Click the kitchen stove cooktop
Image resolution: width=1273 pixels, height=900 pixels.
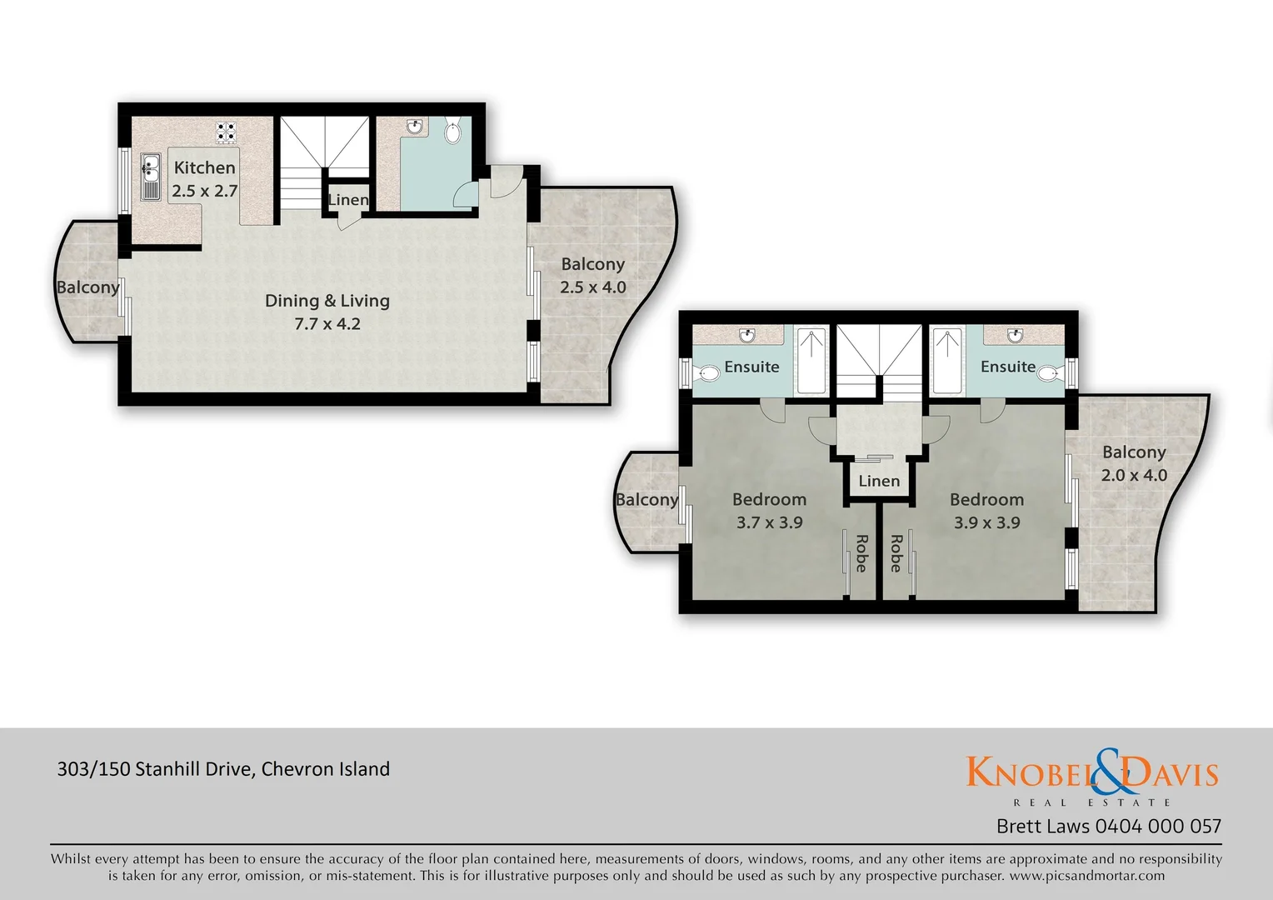[226, 132]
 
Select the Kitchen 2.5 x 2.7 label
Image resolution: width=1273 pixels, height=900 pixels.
[205, 179]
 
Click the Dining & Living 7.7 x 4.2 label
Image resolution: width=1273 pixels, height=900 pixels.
[327, 312]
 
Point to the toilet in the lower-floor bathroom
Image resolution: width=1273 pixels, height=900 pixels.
[453, 132]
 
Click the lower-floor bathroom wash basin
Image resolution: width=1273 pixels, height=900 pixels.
[414, 127]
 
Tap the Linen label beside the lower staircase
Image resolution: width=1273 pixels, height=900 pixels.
[347, 200]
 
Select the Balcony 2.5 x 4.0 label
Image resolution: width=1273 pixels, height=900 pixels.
[592, 275]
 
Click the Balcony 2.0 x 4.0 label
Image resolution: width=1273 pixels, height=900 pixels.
[1134, 463]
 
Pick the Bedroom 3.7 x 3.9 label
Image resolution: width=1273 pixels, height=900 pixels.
[769, 511]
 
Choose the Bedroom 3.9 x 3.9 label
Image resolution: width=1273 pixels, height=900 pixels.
[986, 511]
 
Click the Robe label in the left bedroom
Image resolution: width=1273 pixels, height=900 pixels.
[861, 553]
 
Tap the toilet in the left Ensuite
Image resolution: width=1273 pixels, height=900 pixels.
[707, 372]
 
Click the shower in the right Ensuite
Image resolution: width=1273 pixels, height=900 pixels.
[946, 361]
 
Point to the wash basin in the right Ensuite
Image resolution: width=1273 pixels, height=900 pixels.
[1015, 335]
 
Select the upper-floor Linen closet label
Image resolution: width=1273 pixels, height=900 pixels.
[879, 482]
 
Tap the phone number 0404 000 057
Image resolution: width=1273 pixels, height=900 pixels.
[1158, 827]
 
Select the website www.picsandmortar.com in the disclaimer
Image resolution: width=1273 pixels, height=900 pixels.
[1086, 876]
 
